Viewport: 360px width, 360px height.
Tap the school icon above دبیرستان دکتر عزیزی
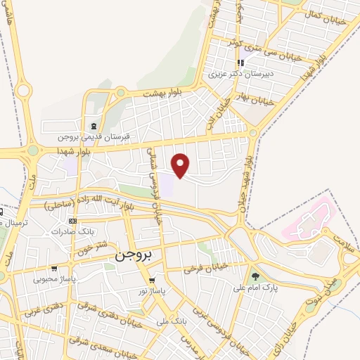[241, 63]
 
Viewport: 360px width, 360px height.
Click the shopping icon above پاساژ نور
[151, 279]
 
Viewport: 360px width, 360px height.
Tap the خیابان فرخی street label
[207, 268]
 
